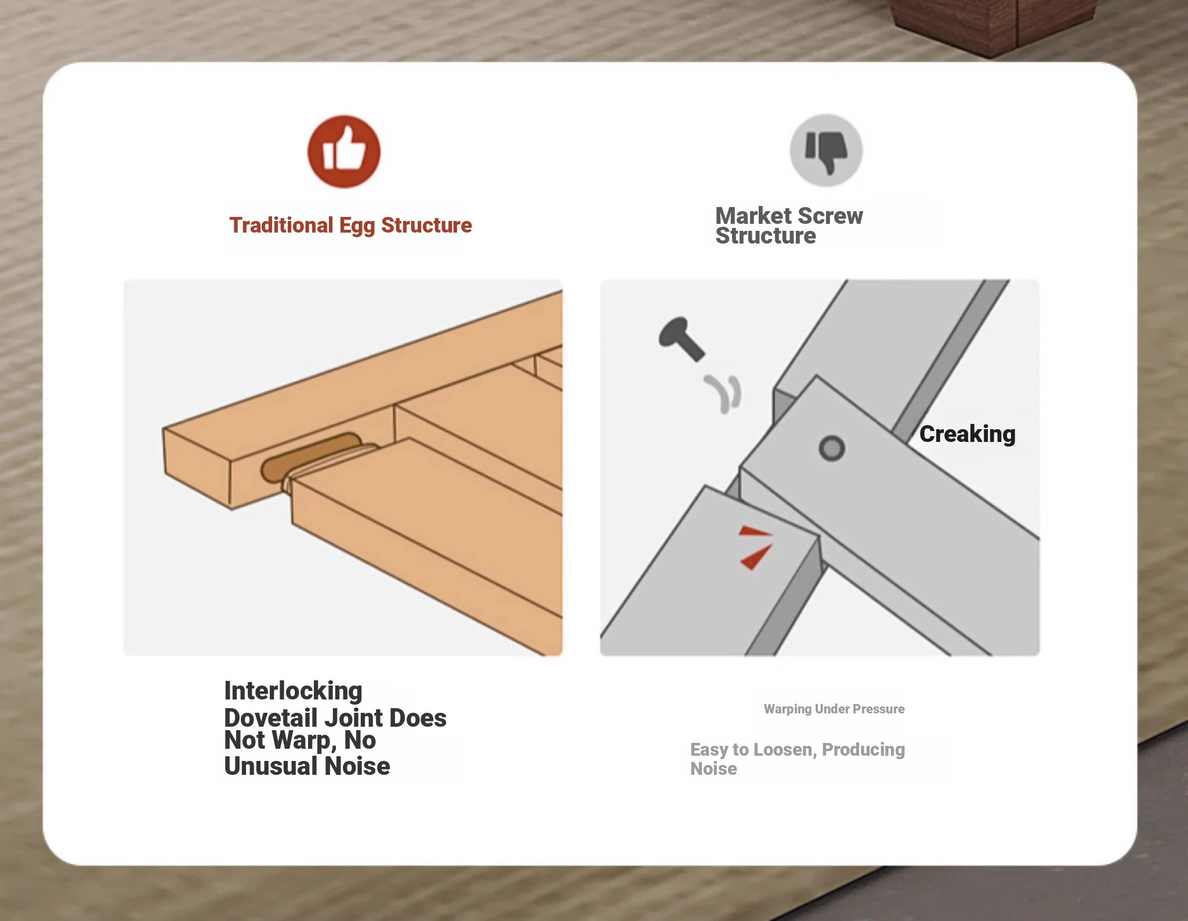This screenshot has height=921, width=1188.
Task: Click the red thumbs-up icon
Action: pos(343,151)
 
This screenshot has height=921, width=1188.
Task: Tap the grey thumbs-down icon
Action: pos(826,150)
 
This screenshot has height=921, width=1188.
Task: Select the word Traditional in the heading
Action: pos(281,225)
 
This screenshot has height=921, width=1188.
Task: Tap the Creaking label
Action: pos(967,434)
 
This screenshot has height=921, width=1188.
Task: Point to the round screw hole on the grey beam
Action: pos(832,448)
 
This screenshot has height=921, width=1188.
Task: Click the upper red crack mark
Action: pos(755,531)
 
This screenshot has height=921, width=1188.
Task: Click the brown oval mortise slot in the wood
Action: pos(310,458)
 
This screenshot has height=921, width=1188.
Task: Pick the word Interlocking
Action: pos(293,691)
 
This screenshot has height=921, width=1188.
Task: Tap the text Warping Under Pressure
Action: pos(834,709)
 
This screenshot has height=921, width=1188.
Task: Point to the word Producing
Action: pos(863,750)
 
